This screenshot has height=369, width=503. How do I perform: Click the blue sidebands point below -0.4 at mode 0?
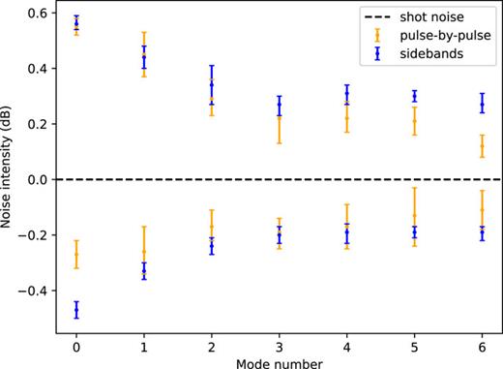[x=75, y=310]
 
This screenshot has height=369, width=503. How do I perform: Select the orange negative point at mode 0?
[x=75, y=255]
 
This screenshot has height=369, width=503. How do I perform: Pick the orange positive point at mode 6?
[x=483, y=146]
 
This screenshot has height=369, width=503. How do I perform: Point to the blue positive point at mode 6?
[x=483, y=105]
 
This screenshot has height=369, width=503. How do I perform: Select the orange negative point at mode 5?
[x=415, y=216]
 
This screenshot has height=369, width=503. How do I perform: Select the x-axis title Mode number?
[x=280, y=361]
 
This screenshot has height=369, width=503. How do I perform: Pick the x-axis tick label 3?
[x=280, y=344]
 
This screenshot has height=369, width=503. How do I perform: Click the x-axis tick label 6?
[x=483, y=344]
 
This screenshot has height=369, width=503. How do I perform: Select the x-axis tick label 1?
[x=143, y=344]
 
